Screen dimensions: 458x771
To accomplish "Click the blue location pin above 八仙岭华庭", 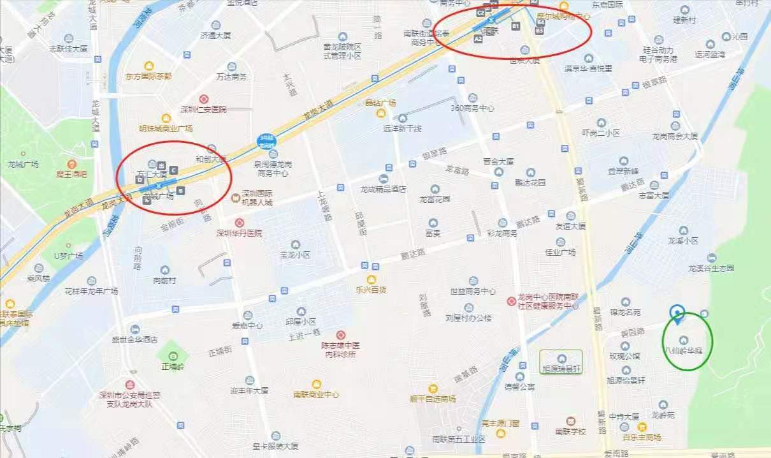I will (677, 313).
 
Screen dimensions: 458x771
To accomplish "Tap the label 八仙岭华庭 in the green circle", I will (684, 350).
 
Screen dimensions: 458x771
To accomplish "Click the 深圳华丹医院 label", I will (239, 233).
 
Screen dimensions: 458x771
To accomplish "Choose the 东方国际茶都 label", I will (149, 76).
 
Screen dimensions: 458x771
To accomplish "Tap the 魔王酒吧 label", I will (71, 174).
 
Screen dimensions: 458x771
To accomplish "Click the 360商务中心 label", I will (472, 108).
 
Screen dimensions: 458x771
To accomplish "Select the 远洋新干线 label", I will (402, 128).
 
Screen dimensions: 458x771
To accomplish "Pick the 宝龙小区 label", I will (295, 254).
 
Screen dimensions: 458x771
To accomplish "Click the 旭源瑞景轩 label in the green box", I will (561, 369).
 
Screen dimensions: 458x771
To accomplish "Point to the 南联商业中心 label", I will (316, 394).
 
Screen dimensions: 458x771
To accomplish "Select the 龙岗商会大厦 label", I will (675, 136).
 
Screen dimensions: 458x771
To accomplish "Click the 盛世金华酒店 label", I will (134, 339).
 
